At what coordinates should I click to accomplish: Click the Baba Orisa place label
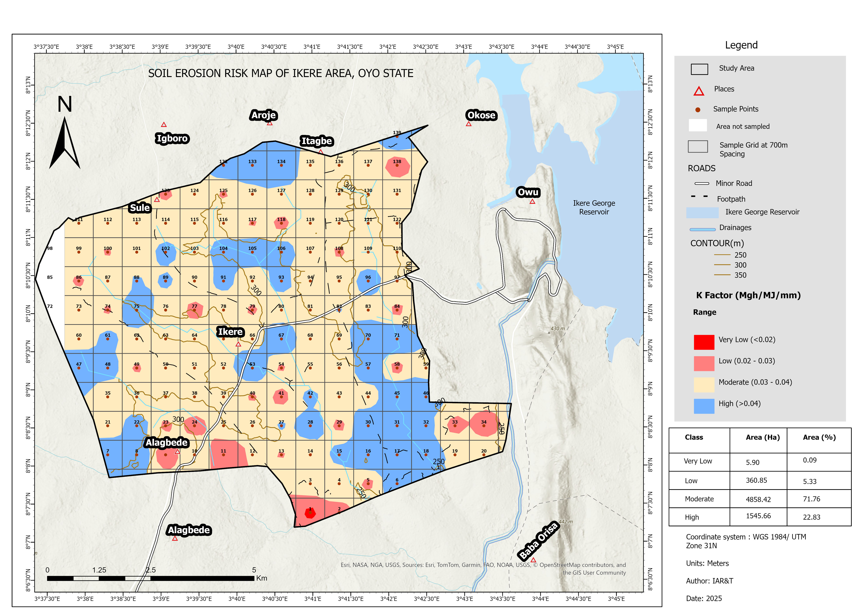point(538,541)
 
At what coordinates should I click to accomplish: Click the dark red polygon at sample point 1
point(310,513)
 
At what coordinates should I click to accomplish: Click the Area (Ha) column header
point(762,437)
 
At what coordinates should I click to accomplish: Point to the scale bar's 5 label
point(254,570)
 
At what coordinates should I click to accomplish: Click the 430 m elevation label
point(557,329)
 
